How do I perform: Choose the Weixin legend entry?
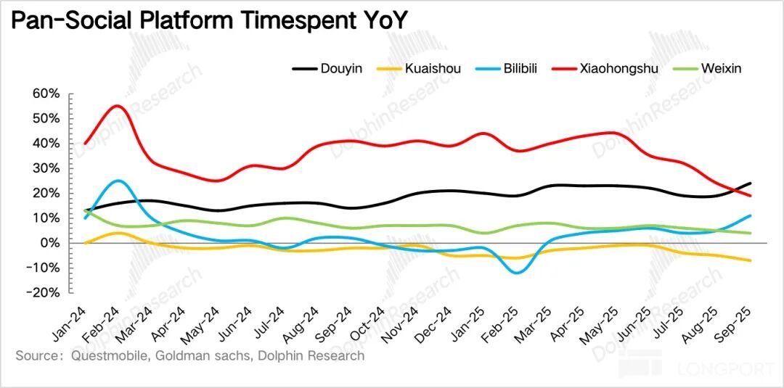click(x=721, y=69)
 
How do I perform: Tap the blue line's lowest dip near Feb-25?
click(x=516, y=273)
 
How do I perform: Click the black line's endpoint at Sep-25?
click(x=750, y=183)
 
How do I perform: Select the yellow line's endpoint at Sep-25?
click(x=750, y=260)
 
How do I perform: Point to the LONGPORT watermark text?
click(x=726, y=368)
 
